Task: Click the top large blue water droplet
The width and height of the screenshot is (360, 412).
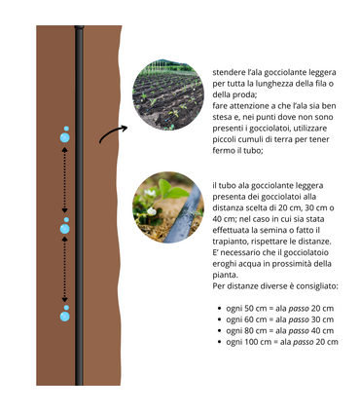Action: [x=65, y=137]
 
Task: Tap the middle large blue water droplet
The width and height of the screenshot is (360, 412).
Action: [x=65, y=229]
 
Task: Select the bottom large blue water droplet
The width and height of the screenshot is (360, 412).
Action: [x=65, y=317]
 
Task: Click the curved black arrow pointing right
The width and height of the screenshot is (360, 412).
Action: [x=113, y=131]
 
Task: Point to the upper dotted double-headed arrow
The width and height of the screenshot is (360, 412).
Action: [x=65, y=180]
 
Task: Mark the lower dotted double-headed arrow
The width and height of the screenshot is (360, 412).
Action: [x=65, y=270]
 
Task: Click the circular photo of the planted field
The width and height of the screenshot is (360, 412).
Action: [x=168, y=94]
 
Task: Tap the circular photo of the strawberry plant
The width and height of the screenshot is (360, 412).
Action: [x=168, y=207]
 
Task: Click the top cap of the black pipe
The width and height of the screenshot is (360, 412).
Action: [x=79, y=27]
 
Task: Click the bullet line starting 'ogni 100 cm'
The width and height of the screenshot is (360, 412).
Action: [x=278, y=342]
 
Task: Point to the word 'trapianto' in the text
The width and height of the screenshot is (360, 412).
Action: [x=228, y=242]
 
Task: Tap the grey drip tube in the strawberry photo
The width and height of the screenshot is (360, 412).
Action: [x=183, y=215]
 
